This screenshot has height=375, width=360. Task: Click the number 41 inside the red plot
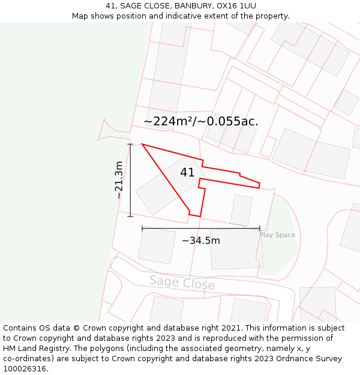click(x=187, y=173)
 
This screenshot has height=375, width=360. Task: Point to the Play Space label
click(x=277, y=235)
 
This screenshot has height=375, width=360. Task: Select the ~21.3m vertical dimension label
click(x=119, y=180)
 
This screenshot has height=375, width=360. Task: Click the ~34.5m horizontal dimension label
click(x=201, y=241)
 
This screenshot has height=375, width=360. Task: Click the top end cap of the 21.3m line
click(x=130, y=144)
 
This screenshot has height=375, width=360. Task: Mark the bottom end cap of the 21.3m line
click(x=130, y=216)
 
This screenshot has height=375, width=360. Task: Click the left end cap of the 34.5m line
click(x=142, y=229)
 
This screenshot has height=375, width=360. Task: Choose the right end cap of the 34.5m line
click(x=260, y=229)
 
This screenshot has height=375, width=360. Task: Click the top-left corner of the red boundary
click(x=142, y=144)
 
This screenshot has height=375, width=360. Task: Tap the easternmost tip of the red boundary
click(x=260, y=184)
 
